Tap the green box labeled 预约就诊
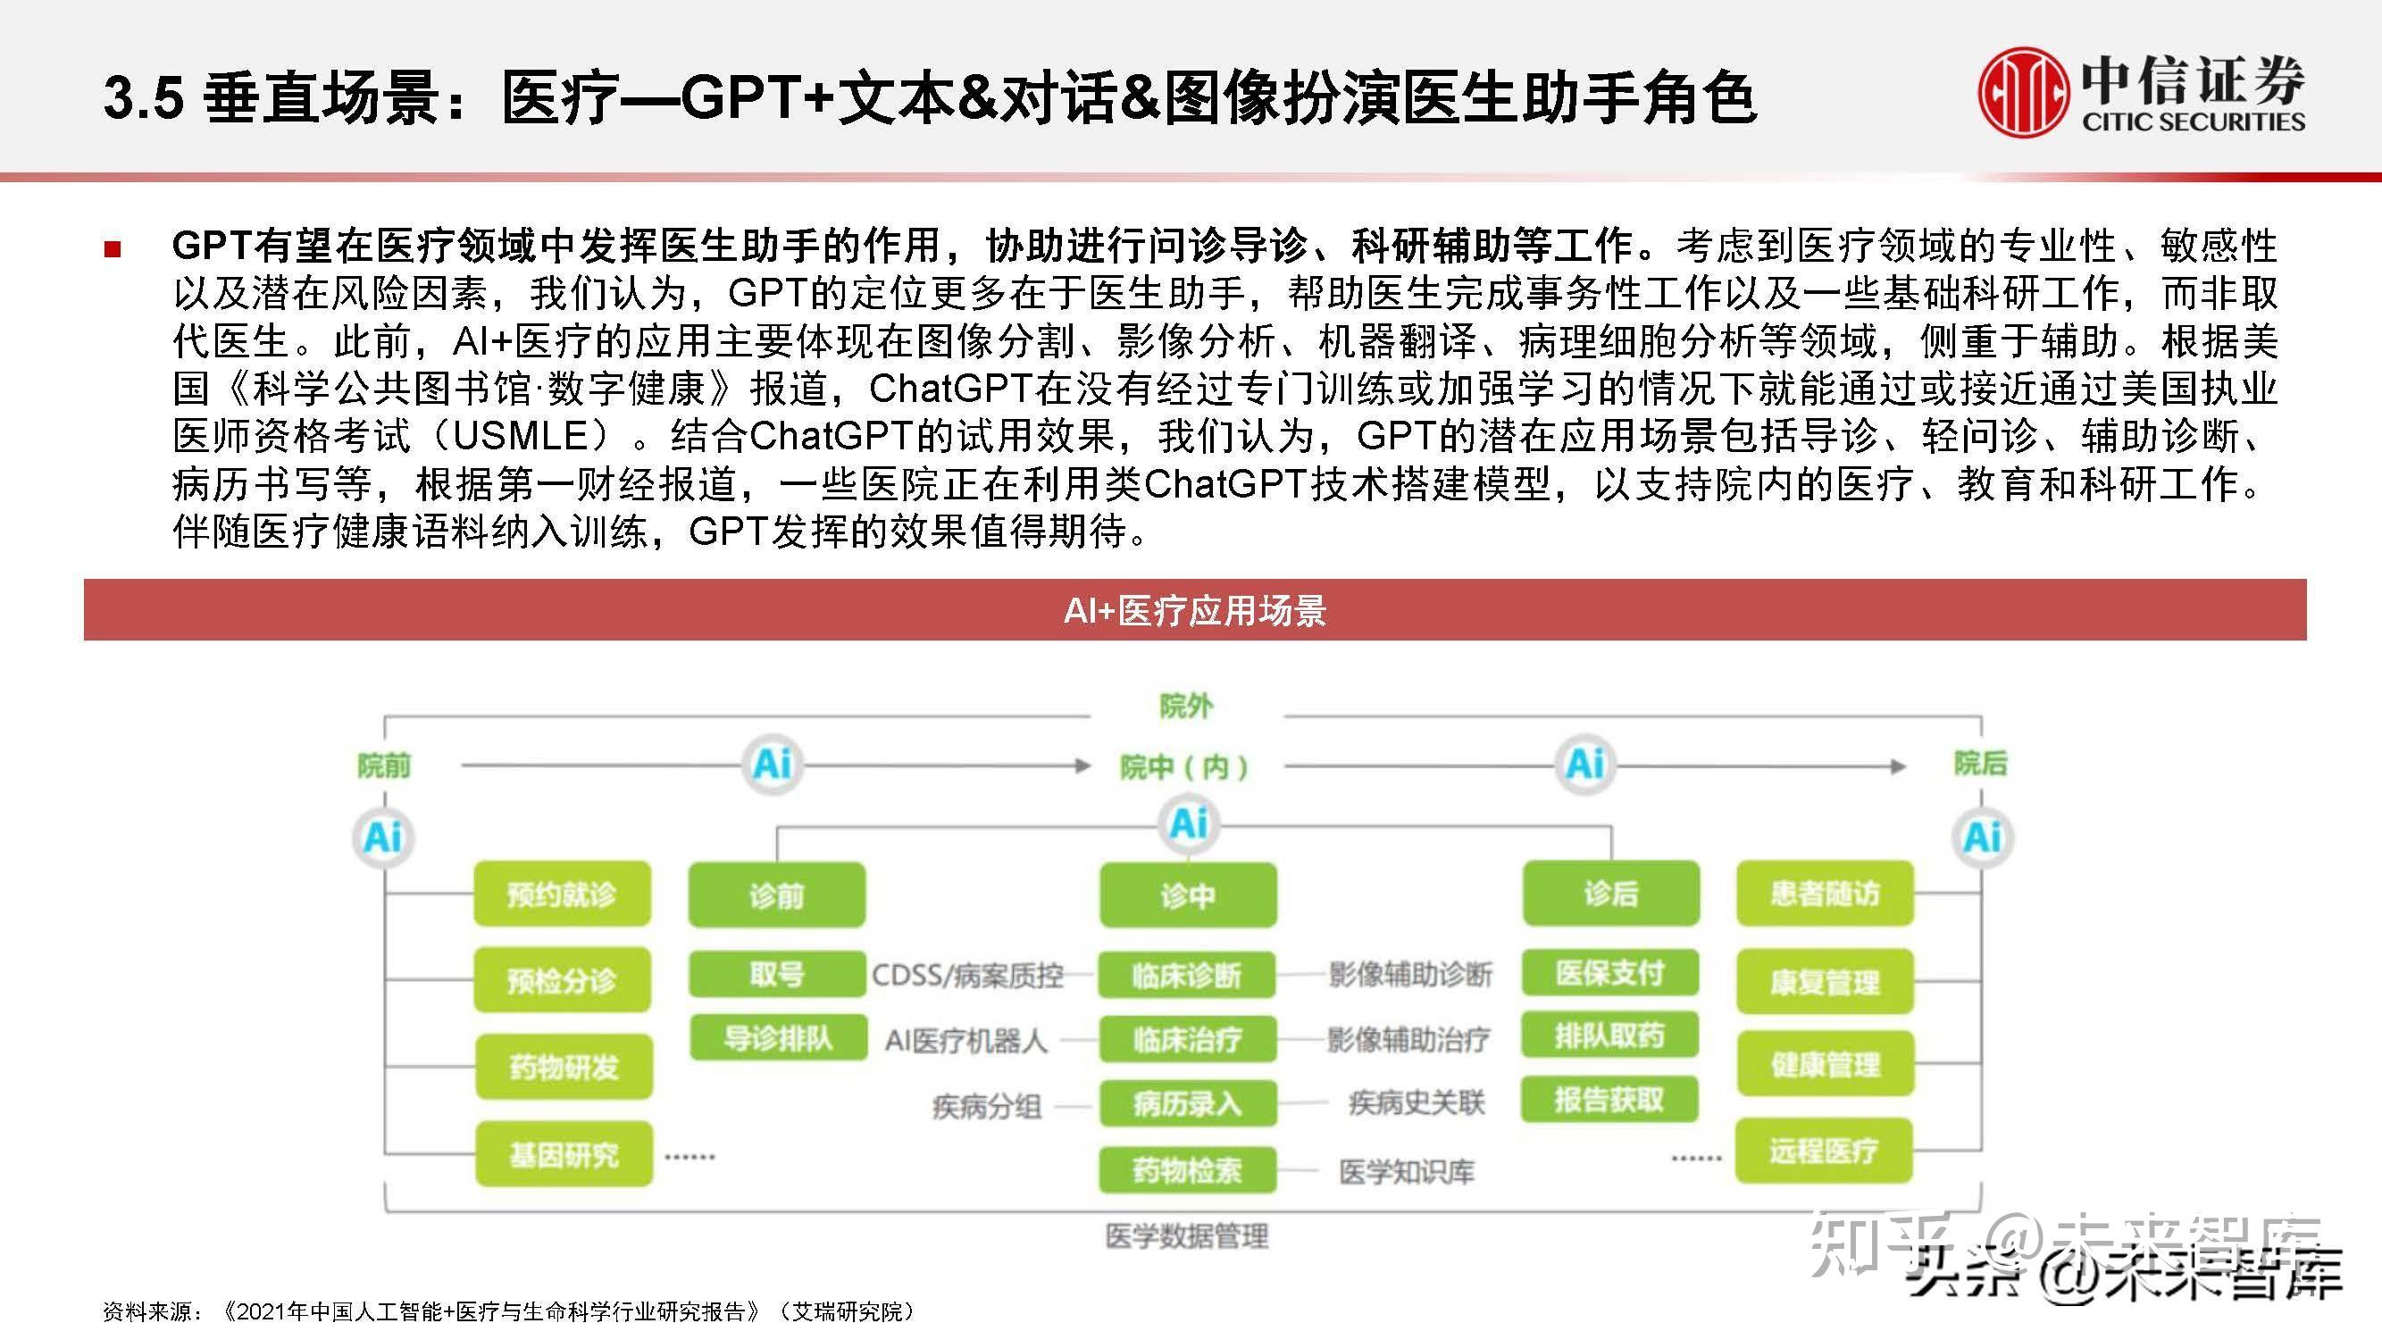click(562, 894)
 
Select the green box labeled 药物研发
click(564, 1068)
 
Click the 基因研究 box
click(564, 1154)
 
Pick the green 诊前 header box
click(777, 894)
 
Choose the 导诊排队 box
click(778, 1037)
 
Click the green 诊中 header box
click(1187, 894)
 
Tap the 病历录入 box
click(1187, 1103)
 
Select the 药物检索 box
click(1187, 1171)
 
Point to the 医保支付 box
click(1610, 973)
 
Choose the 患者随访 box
click(1825, 893)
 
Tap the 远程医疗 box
click(1824, 1152)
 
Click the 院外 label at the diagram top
click(1186, 707)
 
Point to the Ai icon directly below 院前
click(384, 838)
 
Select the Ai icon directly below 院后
click(1982, 838)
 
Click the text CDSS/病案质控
click(967, 975)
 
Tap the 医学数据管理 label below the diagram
click(1186, 1236)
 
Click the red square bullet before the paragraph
click(113, 247)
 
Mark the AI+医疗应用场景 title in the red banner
click(1195, 610)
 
